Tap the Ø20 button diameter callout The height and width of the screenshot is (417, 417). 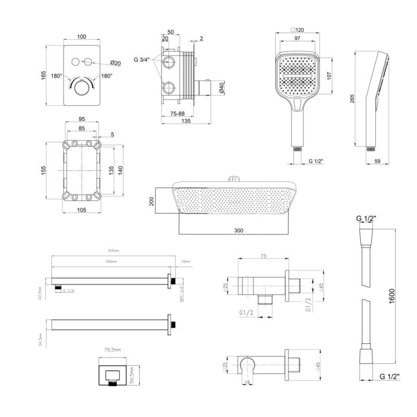pos(117,63)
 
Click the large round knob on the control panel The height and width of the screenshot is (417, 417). pos(81,87)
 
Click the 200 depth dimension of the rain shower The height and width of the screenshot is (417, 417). pos(152,201)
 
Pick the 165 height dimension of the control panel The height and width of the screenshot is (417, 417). pos(44,75)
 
